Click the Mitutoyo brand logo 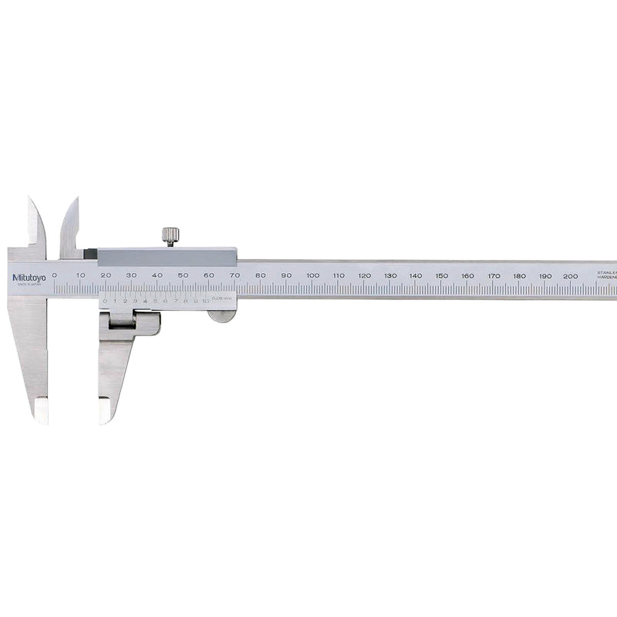pos(29,278)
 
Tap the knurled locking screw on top pos(170,234)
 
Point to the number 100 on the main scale pos(312,275)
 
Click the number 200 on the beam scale pos(571,275)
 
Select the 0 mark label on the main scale pos(54,275)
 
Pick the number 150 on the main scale pos(441,275)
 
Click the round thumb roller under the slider pos(223,315)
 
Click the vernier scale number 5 pos(156,302)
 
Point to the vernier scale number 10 pos(206,302)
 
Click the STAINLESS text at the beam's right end pos(606,272)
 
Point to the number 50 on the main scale pos(183,275)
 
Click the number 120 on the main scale pos(364,275)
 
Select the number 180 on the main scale pos(519,275)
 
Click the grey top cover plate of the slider pos(166,257)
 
